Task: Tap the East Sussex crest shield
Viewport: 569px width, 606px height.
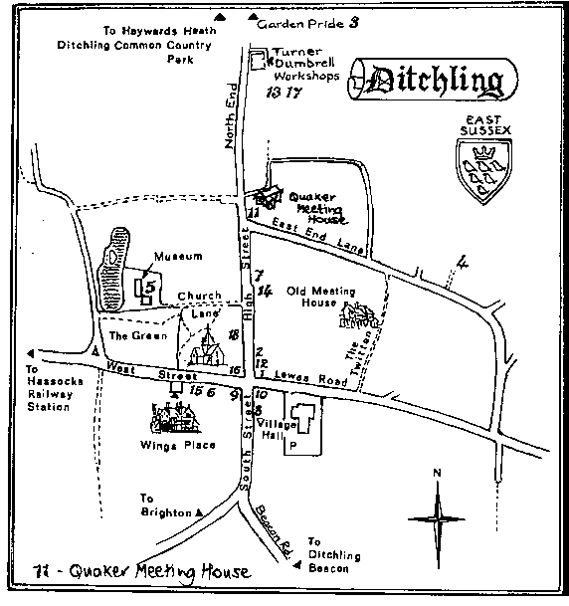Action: tap(482, 163)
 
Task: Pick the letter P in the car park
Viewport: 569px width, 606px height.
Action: tap(293, 448)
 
